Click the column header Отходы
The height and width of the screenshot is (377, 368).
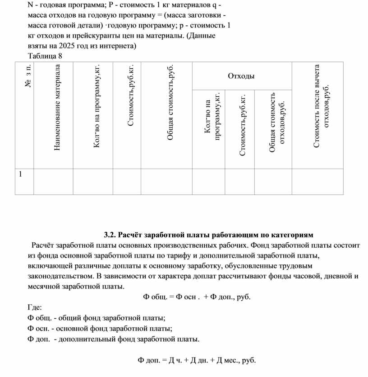pos(241,76)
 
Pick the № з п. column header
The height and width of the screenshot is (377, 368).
pos(28,77)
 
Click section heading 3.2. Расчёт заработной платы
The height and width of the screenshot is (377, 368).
pos(208,235)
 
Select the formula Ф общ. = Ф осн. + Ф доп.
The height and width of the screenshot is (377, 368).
pos(197,297)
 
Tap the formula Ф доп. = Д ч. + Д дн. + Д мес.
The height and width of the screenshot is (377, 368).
pos(197,360)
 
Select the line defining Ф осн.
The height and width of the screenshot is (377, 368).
pos(100,328)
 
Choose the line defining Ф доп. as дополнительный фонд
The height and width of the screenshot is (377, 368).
pos(113,339)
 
